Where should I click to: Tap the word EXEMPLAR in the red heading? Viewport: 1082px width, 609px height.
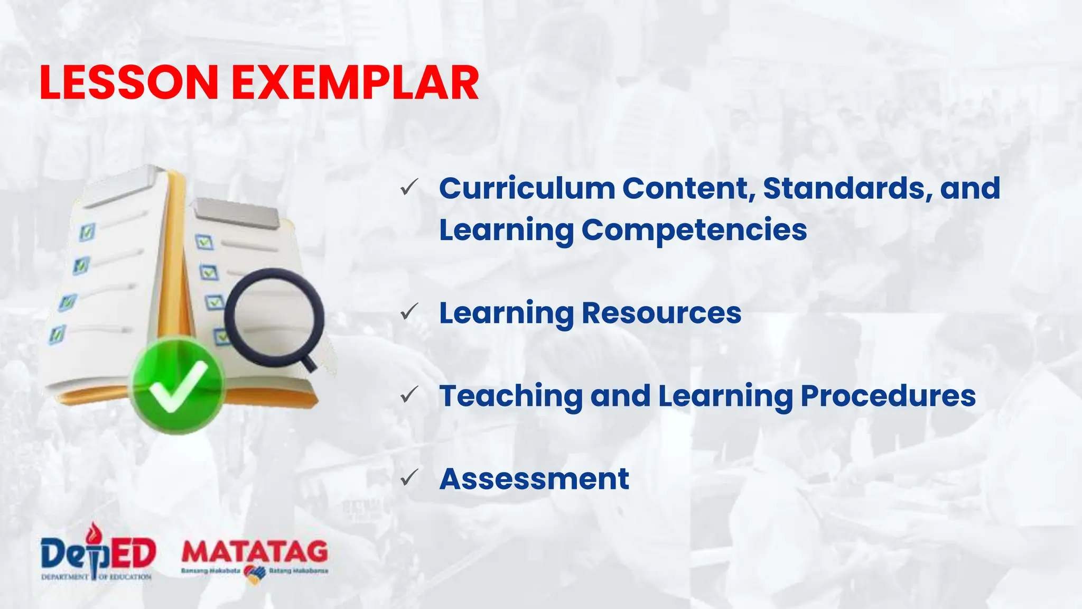tap(355, 82)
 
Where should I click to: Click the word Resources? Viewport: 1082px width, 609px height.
tap(661, 313)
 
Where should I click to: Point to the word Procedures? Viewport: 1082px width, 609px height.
tap(888, 396)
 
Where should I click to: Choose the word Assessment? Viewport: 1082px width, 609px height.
tap(534, 479)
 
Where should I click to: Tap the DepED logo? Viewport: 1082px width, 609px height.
tap(98, 553)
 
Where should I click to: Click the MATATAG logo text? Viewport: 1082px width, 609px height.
tap(255, 552)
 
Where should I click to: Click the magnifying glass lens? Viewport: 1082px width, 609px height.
tap(274, 317)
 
